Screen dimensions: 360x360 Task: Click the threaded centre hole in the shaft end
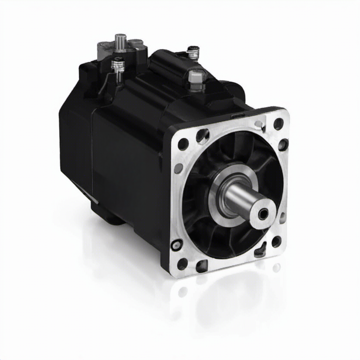point(263,213)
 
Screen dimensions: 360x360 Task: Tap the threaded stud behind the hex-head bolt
point(193,53)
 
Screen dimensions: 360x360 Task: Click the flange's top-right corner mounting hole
point(278,124)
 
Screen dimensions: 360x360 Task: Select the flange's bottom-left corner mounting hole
point(182,264)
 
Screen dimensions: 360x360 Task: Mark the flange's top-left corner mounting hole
point(183,144)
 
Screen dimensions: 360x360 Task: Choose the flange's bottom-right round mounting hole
point(276,242)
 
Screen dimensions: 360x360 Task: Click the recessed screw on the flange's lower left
point(176,244)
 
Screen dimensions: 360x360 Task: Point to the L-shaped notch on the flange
point(261,250)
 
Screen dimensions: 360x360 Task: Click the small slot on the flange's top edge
point(238,116)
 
